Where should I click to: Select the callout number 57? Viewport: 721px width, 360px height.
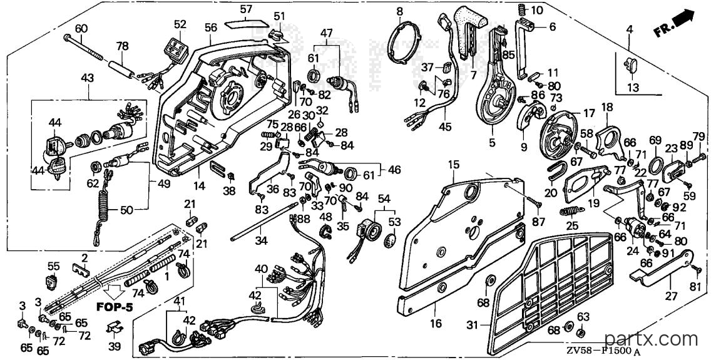pyautogui.click(x=247, y=9)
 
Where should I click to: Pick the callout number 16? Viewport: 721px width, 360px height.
pyautogui.click(x=436, y=323)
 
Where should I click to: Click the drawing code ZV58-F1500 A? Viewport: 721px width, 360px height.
pyautogui.click(x=602, y=351)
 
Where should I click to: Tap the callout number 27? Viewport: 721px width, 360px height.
pyautogui.click(x=671, y=296)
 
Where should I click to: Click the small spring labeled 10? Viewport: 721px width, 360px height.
pyautogui.click(x=521, y=9)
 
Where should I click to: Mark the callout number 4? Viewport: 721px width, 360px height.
pyautogui.click(x=630, y=30)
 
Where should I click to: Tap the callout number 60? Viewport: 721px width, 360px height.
pyautogui.click(x=81, y=29)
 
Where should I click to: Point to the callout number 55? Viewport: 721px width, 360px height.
pyautogui.click(x=54, y=265)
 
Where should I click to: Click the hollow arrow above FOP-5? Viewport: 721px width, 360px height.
pyautogui.click(x=112, y=292)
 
